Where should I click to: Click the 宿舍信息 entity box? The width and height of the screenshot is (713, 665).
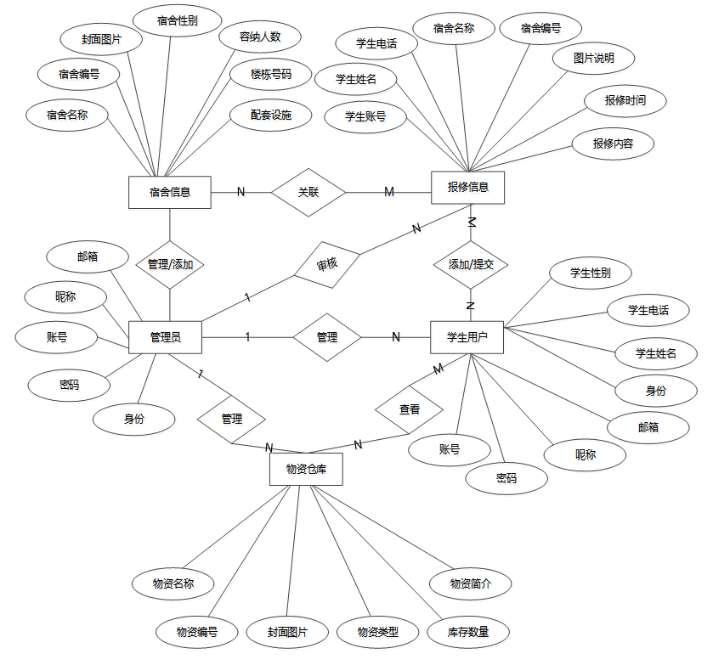point(169,192)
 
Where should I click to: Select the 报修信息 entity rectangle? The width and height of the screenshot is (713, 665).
point(467,188)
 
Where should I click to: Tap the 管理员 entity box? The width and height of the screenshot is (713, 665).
point(165,337)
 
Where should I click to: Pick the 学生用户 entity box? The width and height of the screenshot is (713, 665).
point(467,337)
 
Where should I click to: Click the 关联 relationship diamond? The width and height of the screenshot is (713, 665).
point(308,192)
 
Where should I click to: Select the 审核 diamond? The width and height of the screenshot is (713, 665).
point(327,264)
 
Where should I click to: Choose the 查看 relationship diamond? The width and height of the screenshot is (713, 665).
point(410,409)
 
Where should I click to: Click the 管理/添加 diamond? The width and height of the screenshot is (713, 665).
point(170,264)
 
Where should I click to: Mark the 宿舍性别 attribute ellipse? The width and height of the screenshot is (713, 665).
point(178,20)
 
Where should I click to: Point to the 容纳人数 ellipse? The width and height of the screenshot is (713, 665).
point(259,37)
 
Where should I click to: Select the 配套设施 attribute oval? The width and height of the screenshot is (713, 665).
point(270,115)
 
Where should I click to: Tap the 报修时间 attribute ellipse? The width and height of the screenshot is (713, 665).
point(625,100)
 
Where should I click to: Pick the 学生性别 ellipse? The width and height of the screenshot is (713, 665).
point(589,273)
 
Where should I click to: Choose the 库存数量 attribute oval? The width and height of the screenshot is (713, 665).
point(468,632)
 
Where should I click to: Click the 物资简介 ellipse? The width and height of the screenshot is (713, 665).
point(470,583)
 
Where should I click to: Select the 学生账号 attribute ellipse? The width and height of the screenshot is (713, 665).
point(365,116)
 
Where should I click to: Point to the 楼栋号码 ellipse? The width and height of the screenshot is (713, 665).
point(270,74)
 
